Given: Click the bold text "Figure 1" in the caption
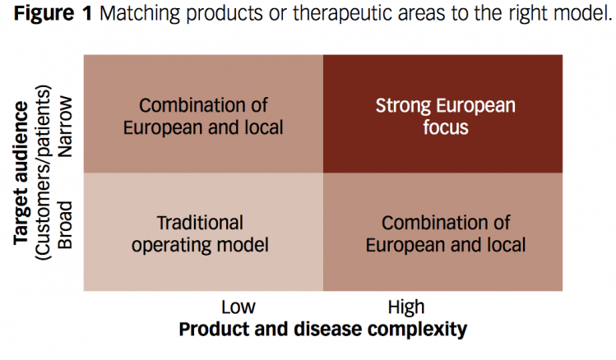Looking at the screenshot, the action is (x=53, y=13).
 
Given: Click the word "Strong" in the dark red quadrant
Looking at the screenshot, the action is (x=403, y=105).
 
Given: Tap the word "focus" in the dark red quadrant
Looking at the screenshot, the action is (x=446, y=127).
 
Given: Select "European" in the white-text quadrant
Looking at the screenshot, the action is (x=475, y=105).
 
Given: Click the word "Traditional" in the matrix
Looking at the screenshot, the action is (x=200, y=223).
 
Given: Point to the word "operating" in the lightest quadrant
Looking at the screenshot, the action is (x=171, y=246).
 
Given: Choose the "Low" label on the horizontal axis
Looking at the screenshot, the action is (x=238, y=307).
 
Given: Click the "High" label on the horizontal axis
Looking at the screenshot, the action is (x=406, y=307).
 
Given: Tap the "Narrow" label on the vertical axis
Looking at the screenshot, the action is (x=65, y=127).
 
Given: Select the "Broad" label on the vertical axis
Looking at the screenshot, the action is (x=65, y=225).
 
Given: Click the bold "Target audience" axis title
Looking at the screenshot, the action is (x=21, y=173).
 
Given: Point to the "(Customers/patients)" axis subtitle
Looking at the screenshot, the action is (x=44, y=173).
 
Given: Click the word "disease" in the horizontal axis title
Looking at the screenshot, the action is (x=328, y=329).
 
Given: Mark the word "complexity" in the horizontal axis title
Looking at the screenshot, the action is (x=418, y=330).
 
